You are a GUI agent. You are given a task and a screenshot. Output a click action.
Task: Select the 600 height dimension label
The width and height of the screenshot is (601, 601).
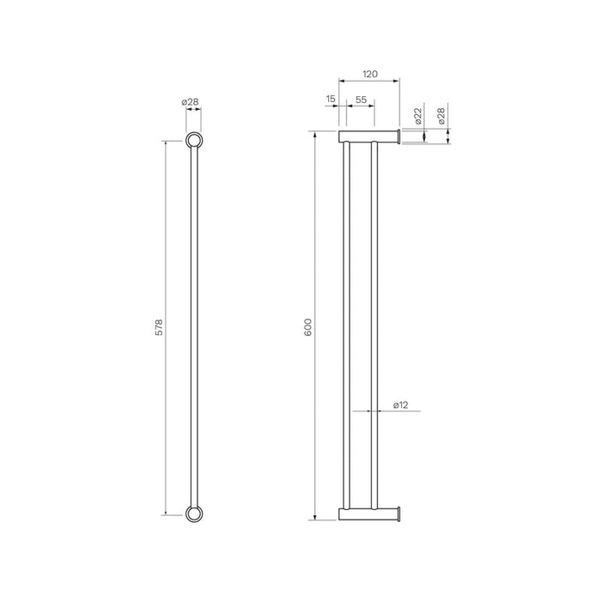[307, 327]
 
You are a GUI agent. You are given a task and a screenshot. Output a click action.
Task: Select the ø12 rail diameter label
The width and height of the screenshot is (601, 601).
[401, 404]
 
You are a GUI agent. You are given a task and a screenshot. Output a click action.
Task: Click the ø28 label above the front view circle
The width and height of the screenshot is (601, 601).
[191, 102]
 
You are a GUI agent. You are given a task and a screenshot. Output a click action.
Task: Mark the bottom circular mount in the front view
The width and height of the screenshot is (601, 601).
[195, 514]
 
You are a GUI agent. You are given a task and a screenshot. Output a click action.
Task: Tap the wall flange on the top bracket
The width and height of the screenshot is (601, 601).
[398, 137]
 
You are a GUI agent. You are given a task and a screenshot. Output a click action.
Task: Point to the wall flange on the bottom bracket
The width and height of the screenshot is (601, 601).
[398, 514]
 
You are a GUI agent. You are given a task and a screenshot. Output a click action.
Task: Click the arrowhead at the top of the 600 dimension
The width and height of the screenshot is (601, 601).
[317, 135]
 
